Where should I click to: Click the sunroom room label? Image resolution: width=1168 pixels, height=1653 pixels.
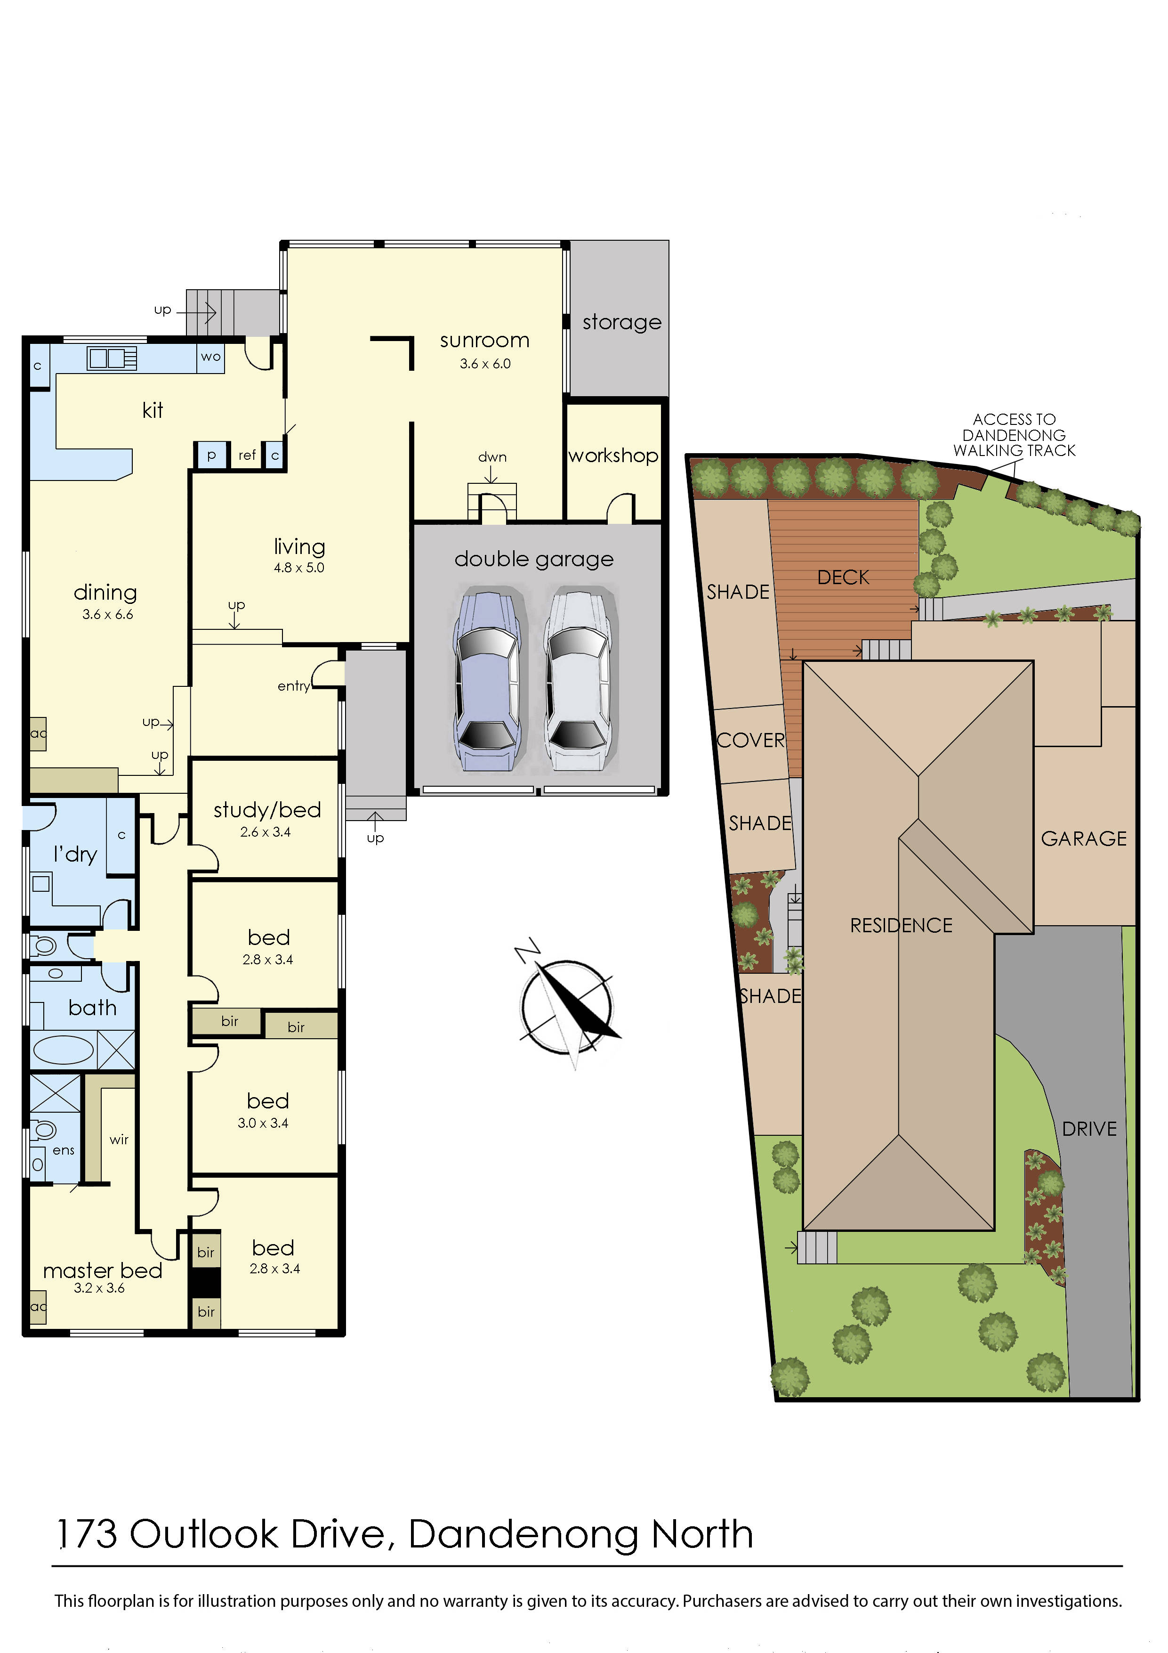[484, 341]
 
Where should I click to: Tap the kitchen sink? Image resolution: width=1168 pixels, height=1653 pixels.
[112, 358]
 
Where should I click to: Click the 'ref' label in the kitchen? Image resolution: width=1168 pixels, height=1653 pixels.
[247, 455]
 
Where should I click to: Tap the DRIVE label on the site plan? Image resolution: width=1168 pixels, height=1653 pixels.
[1089, 1129]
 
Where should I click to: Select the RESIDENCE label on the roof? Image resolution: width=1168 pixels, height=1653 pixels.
[901, 925]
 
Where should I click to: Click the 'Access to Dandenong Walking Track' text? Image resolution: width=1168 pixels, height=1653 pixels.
[1014, 435]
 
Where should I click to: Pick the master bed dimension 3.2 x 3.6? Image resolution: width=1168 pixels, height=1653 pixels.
[99, 1288]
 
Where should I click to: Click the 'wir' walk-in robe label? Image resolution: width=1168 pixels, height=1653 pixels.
[119, 1140]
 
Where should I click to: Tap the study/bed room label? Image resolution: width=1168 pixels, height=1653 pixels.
[267, 811]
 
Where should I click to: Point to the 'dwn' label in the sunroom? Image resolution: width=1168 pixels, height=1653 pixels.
[492, 457]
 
